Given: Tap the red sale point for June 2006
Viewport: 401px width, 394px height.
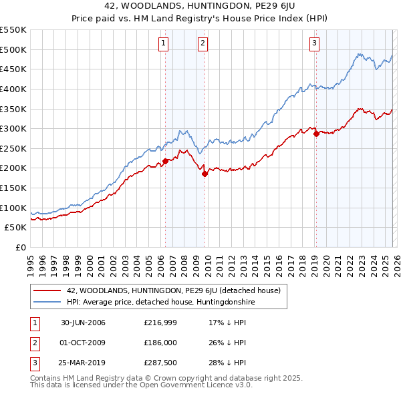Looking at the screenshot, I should click(165, 161).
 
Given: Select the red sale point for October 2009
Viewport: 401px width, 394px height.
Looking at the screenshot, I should click(205, 174).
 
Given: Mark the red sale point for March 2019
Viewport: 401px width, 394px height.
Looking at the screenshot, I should click(316, 134).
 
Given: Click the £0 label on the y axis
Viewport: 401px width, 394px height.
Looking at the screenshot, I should click(20, 247).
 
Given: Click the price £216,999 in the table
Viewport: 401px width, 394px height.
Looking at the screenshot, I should click(159, 323).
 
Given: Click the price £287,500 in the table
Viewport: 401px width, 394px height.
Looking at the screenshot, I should click(159, 363).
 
